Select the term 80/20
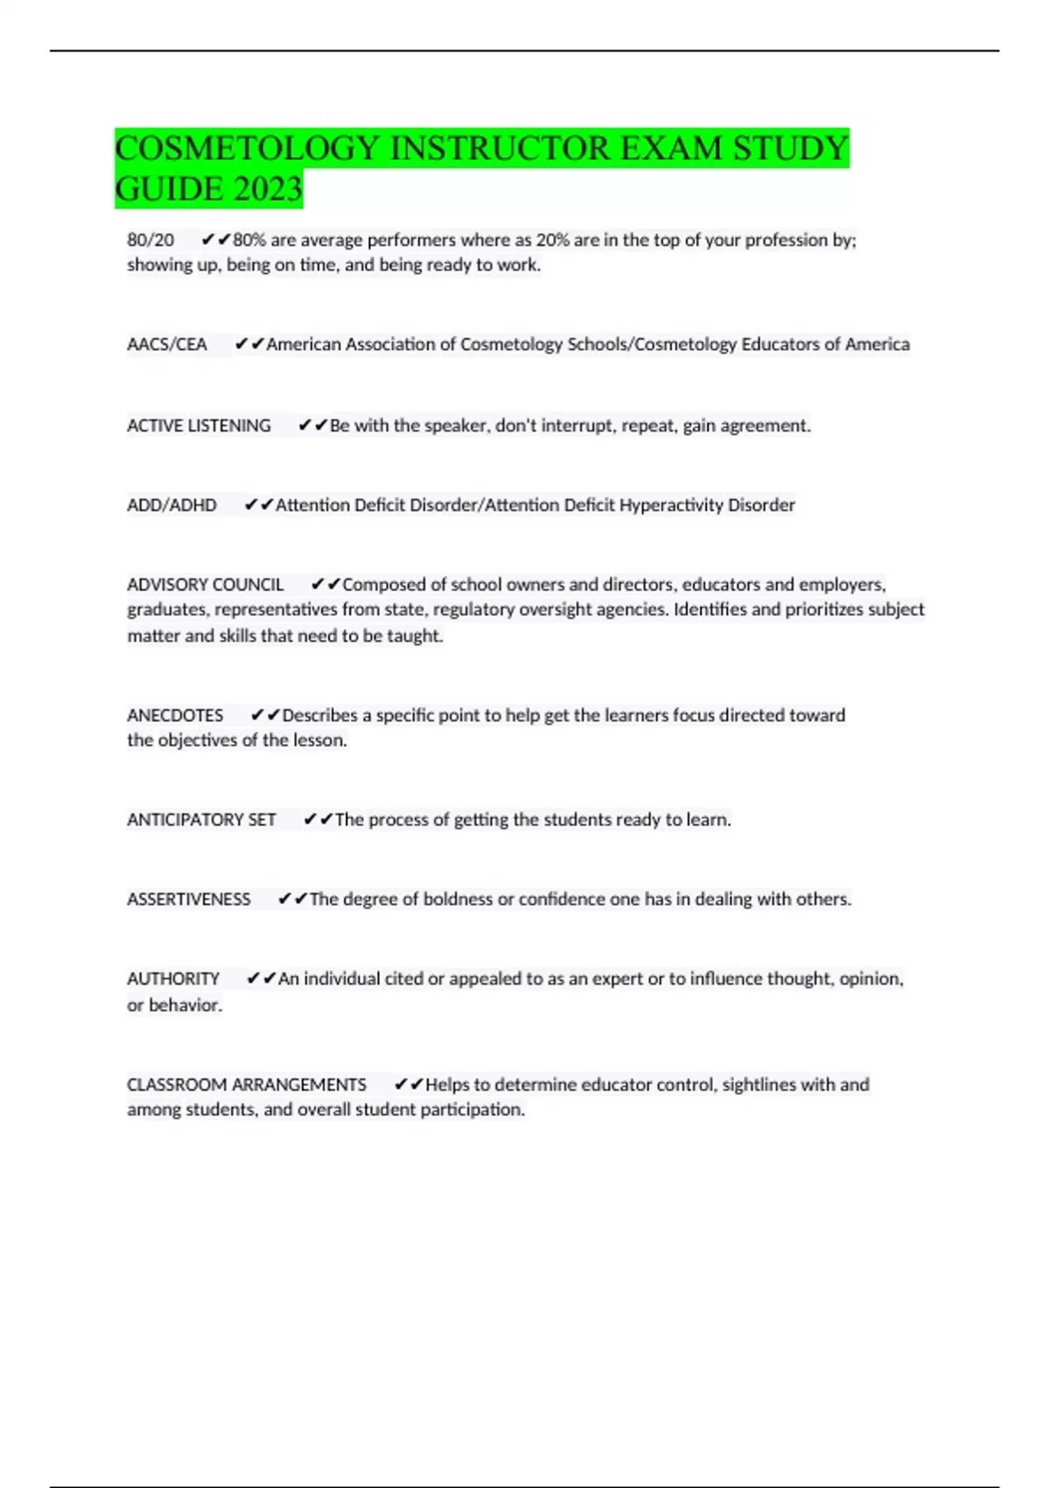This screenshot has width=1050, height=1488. (x=150, y=240)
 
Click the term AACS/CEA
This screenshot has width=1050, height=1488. (x=167, y=345)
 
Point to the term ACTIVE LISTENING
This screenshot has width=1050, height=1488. (x=199, y=426)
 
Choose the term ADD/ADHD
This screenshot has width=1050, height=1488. (x=171, y=505)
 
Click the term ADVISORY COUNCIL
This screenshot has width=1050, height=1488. (x=205, y=585)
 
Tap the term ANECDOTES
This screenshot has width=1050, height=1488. (x=175, y=716)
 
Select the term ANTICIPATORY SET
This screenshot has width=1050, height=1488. (x=201, y=820)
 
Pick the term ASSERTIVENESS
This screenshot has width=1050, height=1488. (x=188, y=900)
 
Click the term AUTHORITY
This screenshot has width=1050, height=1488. (x=173, y=979)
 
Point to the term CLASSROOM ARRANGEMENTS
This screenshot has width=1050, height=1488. (x=247, y=1085)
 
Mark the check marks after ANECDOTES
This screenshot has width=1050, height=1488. (x=265, y=716)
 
